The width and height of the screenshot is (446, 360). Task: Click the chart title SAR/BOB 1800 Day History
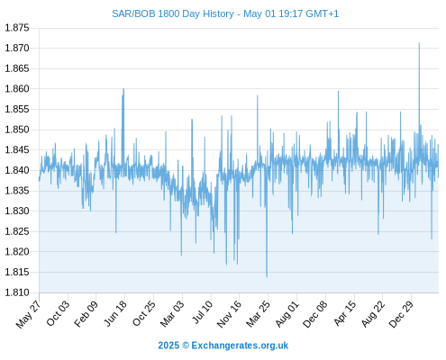pos(173,13)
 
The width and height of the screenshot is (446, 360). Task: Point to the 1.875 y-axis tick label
pos(17,28)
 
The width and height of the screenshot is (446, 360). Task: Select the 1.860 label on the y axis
pos(17,89)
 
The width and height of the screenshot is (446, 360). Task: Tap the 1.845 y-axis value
pos(17,150)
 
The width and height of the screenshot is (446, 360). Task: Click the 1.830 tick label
pos(17,211)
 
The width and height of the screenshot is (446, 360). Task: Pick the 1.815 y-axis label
pos(17,272)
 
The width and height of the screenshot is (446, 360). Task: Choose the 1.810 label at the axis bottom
pos(17,292)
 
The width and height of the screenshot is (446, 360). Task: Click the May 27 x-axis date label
pos(28,314)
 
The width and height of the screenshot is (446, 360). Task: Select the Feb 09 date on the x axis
pos(86,314)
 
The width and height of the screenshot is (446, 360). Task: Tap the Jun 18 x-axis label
pos(115,313)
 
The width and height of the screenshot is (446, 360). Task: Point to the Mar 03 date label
pos(172,314)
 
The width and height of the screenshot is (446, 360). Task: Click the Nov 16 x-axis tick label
pos(229,314)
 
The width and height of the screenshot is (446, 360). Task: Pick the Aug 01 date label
pos(287,314)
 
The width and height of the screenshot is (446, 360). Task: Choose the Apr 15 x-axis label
pos(345,313)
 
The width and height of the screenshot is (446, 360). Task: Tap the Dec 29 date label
pos(401,314)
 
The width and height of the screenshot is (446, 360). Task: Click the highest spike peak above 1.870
pos(419,43)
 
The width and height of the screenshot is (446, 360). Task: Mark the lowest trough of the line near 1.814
pos(267,277)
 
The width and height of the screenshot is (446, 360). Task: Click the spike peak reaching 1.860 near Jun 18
pos(123,89)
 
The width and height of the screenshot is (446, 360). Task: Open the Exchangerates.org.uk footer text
pos(240,346)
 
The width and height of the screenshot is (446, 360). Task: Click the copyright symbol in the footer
pos(186,346)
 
